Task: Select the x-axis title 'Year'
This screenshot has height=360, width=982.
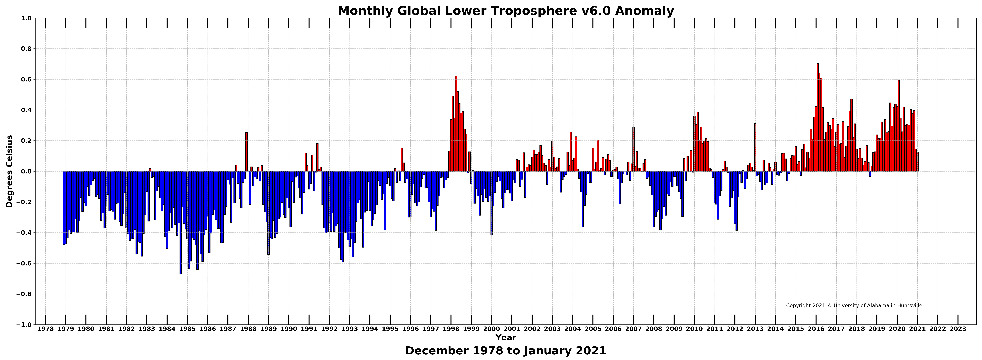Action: click(506, 338)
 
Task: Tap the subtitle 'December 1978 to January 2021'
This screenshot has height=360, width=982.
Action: click(506, 351)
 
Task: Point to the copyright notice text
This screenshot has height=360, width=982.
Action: click(854, 306)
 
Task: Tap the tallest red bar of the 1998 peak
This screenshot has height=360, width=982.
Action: click(456, 124)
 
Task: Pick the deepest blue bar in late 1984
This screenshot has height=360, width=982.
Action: click(181, 223)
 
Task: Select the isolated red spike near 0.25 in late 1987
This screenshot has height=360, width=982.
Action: click(246, 152)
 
